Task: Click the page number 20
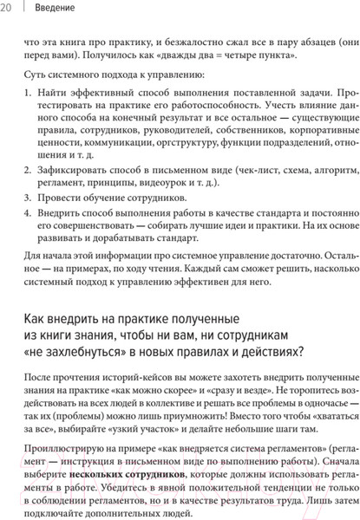pyautogui.click(x=7, y=8)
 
